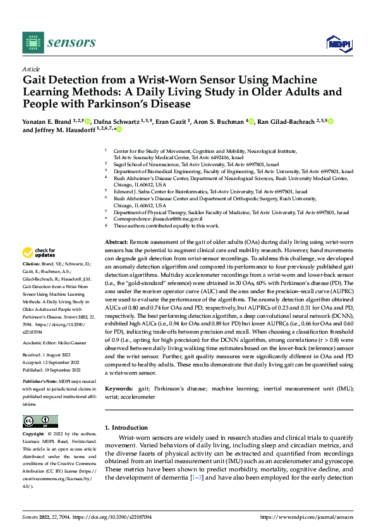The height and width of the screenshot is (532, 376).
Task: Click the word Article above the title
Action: pyautogui.click(x=31, y=69)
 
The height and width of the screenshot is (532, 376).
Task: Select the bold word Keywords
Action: pyautogui.click(x=119, y=388)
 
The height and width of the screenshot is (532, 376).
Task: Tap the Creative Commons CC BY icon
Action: pyautogui.click(x=40, y=421)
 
